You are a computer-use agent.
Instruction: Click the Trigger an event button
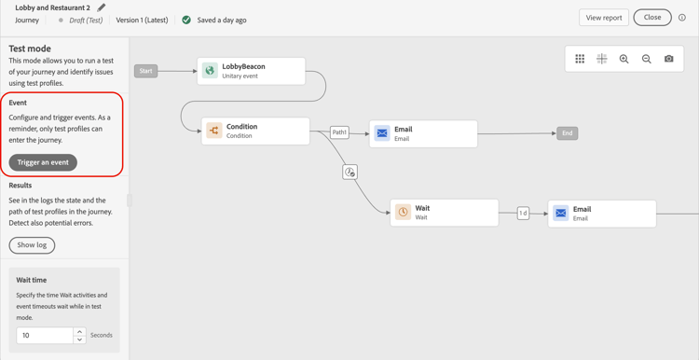[43, 162]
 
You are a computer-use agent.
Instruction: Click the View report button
[604, 18]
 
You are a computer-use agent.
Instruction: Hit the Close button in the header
[652, 18]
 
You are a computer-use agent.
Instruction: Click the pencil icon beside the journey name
[102, 7]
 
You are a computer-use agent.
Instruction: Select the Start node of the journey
[146, 71]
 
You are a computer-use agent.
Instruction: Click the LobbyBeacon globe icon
[210, 71]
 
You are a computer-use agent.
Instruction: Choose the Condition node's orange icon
[214, 131]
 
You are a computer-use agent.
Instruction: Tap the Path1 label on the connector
[339, 132]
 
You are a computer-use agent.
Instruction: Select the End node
[567, 133]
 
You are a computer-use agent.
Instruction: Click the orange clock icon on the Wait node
[404, 213]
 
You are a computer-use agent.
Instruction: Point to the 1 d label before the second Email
[523, 214]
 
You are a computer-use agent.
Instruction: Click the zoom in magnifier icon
[624, 59]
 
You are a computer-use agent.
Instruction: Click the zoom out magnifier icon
[647, 59]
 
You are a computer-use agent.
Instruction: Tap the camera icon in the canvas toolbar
[669, 59]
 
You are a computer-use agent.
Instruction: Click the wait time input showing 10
[44, 335]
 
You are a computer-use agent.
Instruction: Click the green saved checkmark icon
[186, 20]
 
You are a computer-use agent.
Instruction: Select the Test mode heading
[30, 48]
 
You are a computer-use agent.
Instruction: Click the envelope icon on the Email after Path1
[382, 133]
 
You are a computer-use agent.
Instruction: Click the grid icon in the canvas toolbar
[580, 59]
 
